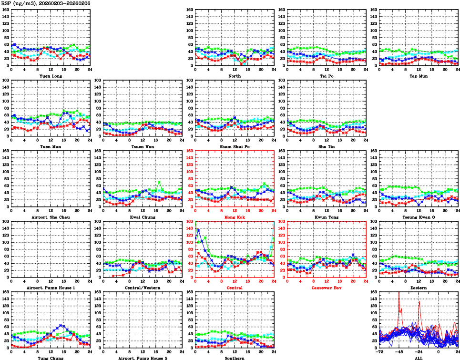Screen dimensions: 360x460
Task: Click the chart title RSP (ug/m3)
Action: [x=19, y=3]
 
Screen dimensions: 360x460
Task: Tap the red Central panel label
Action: [x=234, y=288]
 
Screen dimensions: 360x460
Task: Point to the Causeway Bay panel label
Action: [x=326, y=288]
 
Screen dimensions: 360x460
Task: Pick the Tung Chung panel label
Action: [x=50, y=358]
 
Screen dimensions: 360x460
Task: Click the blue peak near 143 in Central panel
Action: [x=198, y=230]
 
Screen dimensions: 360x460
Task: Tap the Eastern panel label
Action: [x=418, y=288]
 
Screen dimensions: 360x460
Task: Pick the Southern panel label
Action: [x=234, y=358]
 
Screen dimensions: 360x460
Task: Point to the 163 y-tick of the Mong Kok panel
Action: [x=190, y=151]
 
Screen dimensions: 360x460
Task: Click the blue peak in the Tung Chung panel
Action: [x=61, y=326]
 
